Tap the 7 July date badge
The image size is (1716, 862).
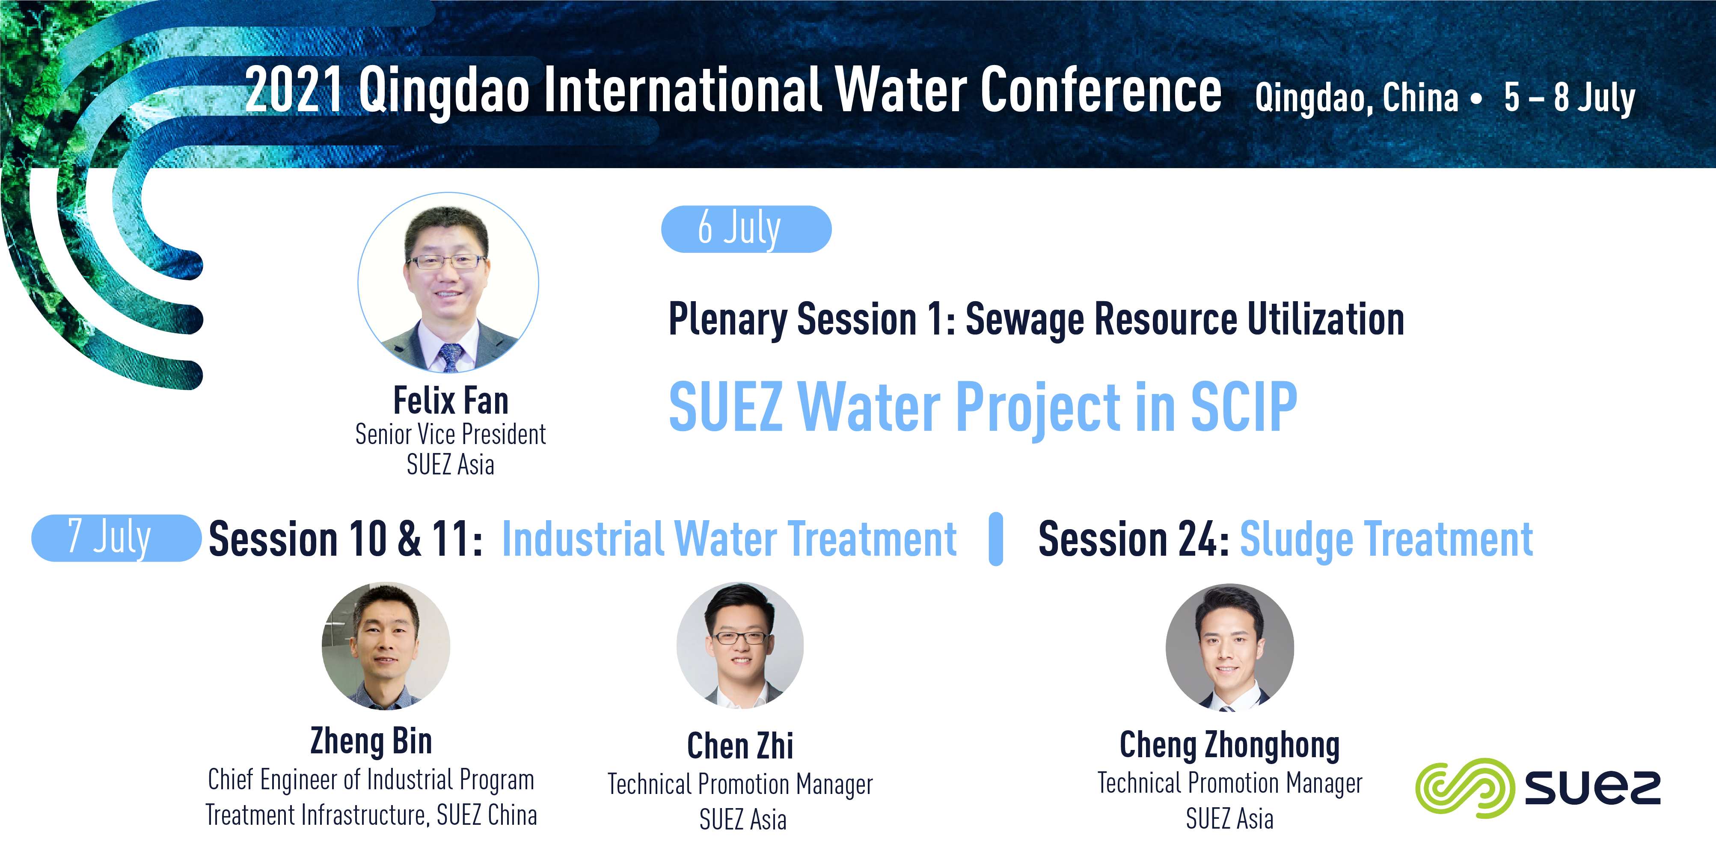coord(116,538)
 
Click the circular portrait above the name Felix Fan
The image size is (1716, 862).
coord(448,282)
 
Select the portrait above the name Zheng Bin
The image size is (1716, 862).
coord(386,646)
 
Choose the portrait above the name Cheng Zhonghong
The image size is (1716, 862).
coord(1230,648)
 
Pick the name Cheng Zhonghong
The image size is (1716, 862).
coord(1230,745)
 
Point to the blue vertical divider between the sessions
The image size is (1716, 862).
coord(996,539)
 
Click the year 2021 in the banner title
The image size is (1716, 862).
coord(294,89)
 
